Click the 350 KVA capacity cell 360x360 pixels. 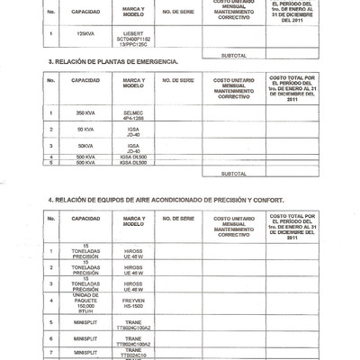(86, 114)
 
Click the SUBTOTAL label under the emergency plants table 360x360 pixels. (234, 173)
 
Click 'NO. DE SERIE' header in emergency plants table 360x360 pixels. (180, 81)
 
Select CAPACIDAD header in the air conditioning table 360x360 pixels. (86, 219)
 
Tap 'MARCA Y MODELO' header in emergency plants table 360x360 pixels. (136, 81)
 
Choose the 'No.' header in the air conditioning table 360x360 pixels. (53, 219)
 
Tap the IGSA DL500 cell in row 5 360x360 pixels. (136, 163)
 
